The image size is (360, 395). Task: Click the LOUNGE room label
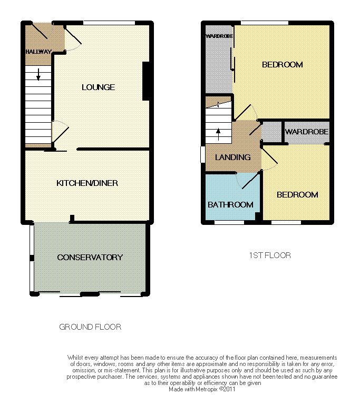tap(99, 87)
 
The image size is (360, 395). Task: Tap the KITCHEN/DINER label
tap(87, 183)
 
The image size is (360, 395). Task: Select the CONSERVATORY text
tap(90, 257)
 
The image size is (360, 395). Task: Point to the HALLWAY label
tap(38, 52)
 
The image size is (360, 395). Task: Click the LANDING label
tap(232, 157)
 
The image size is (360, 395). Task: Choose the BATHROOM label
tap(230, 204)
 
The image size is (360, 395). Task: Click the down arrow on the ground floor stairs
tap(38, 74)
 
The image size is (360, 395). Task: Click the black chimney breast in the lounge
tap(146, 81)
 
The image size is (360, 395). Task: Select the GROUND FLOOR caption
tap(90, 327)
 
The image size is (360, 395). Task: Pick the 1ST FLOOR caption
tap(270, 255)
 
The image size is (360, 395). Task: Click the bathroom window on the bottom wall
tap(229, 222)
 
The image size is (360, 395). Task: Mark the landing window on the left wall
tap(203, 154)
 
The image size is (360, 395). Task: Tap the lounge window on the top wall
tap(109, 23)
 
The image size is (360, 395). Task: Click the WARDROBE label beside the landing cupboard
tap(307, 132)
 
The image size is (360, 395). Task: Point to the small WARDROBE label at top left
tap(219, 36)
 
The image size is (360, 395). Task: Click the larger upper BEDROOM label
tap(283, 65)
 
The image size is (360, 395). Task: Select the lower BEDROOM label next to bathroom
tap(297, 194)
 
